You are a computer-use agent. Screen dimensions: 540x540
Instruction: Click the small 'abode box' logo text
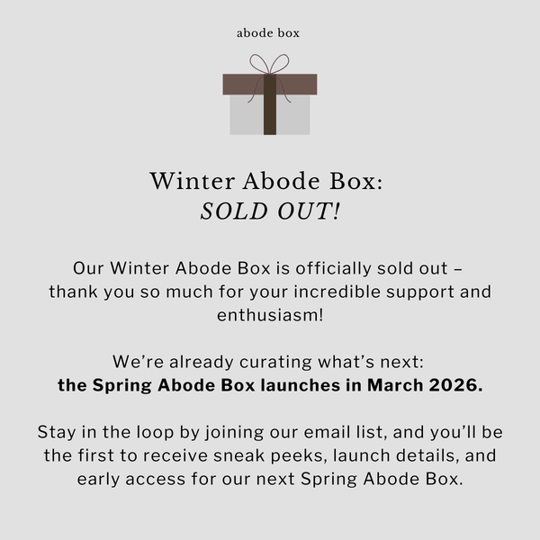[269, 33]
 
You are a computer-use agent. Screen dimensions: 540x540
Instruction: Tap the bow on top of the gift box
[269, 65]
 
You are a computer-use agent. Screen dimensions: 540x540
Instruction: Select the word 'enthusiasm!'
[270, 316]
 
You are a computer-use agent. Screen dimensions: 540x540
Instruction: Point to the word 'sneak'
[255, 456]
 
